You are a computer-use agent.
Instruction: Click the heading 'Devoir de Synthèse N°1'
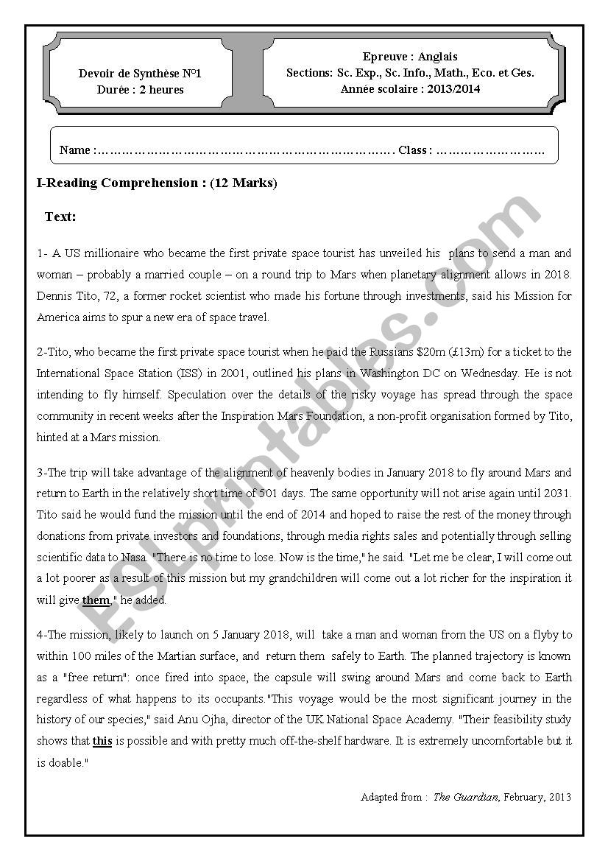coord(140,74)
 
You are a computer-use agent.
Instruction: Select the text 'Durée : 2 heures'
coord(140,90)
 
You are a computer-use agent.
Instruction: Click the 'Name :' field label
coord(77,150)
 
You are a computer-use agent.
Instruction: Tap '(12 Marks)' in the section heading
coord(244,183)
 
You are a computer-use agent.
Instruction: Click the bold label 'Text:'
coord(60,217)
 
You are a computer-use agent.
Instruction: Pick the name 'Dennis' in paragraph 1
coord(54,296)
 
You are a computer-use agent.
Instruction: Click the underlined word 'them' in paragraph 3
coord(96,600)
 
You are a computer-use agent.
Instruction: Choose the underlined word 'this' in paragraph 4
coord(102,741)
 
